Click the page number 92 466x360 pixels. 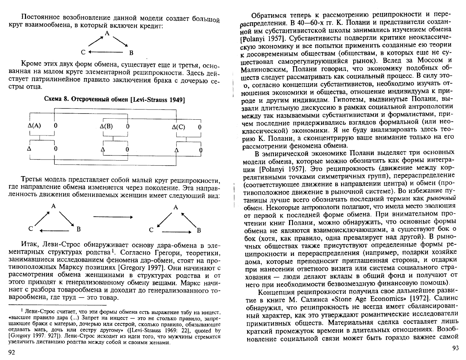[x=11, y=353]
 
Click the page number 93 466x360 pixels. [x=456, y=349]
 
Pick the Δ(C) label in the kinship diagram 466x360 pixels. [x=178, y=127]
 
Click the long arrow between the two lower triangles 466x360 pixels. [x=112, y=217]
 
